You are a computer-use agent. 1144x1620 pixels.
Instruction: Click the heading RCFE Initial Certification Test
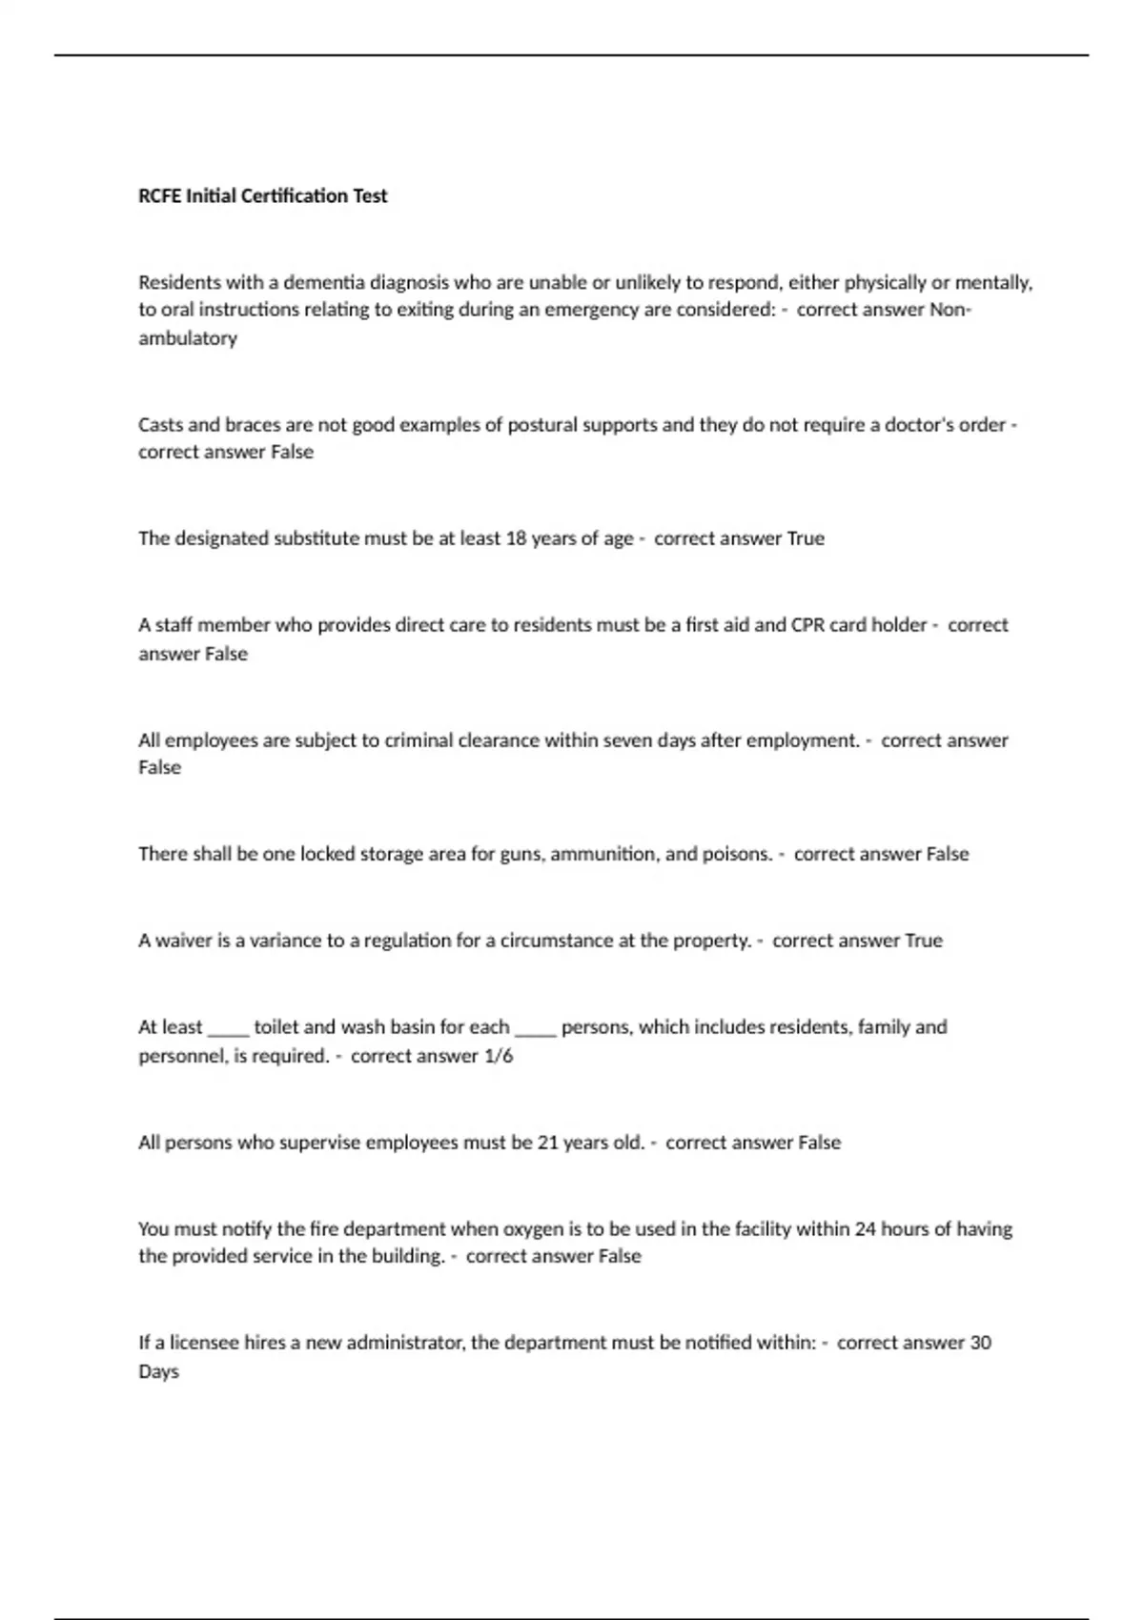pyautogui.click(x=263, y=196)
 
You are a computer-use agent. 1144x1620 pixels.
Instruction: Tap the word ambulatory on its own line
pyautogui.click(x=188, y=338)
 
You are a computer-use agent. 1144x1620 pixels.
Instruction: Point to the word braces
pyautogui.click(x=253, y=425)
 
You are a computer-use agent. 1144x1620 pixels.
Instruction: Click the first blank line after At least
pyautogui.click(x=228, y=1029)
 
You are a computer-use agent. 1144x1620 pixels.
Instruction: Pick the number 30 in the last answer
pyautogui.click(x=980, y=1343)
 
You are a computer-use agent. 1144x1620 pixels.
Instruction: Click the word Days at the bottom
pyautogui.click(x=158, y=1372)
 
